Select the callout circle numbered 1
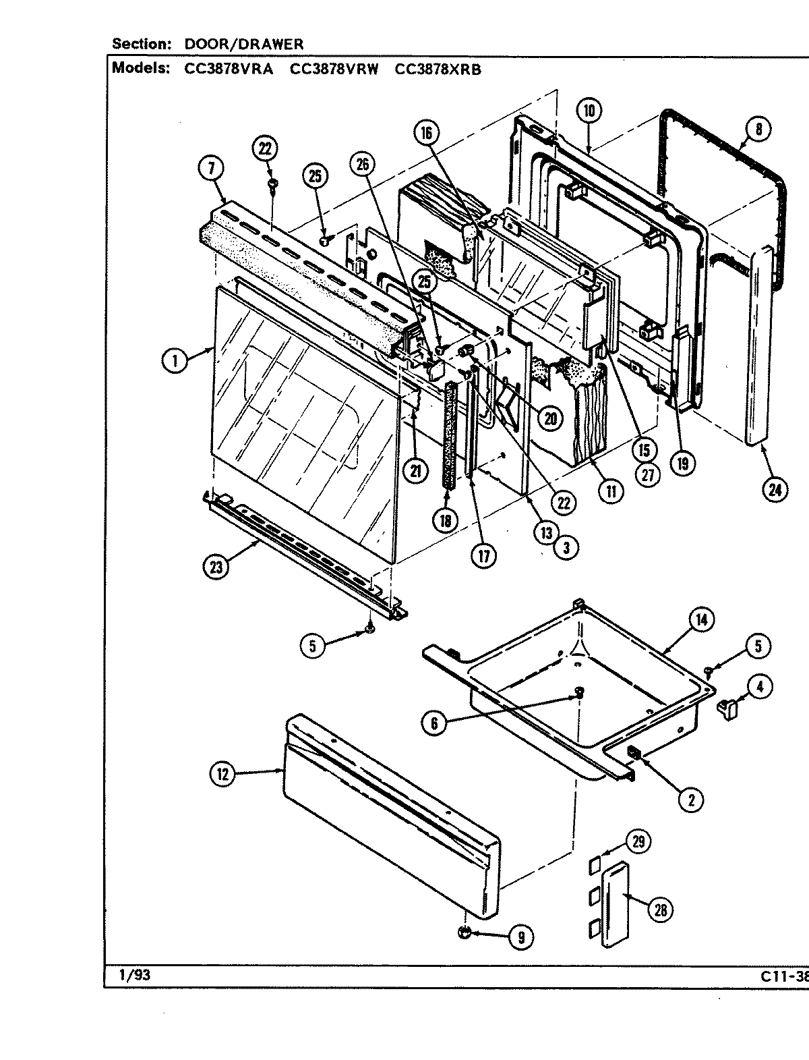[x=175, y=361]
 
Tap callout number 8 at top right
[x=758, y=130]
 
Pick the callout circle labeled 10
[x=589, y=111]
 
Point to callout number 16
[x=427, y=133]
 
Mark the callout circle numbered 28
[x=659, y=910]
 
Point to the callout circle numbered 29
[x=638, y=841]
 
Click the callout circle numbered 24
[x=775, y=490]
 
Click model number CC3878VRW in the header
[x=333, y=68]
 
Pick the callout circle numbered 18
[x=446, y=520]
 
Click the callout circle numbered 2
[x=691, y=800]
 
